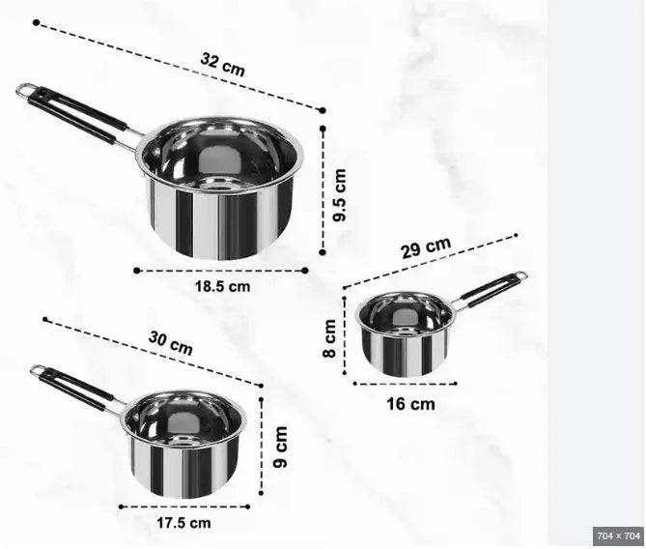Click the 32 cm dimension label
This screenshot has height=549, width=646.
coord(222,65)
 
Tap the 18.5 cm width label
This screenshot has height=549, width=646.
coord(222,286)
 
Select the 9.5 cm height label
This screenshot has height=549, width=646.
coord(340,195)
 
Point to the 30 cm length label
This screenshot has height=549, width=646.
coord(171,343)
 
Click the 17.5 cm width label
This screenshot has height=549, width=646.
coord(183,523)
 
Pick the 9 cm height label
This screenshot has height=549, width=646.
coord(281,448)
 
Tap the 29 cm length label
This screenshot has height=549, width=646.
coord(426,247)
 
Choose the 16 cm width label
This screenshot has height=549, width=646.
coord(410,404)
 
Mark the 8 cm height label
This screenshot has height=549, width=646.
coord(330,338)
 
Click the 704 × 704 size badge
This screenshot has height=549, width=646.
coord(618,536)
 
